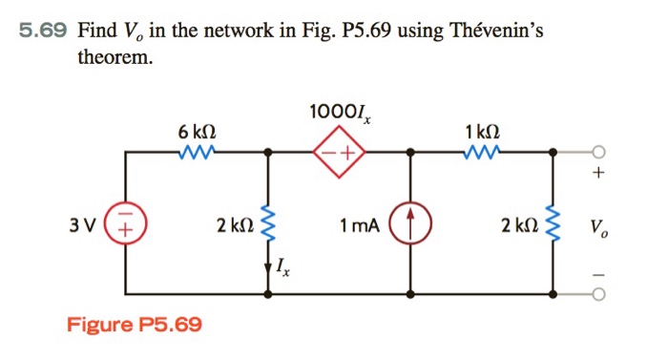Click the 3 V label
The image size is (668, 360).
click(82, 226)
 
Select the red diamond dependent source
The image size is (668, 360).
click(341, 152)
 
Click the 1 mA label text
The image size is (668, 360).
click(359, 226)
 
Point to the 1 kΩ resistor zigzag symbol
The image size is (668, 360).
click(482, 151)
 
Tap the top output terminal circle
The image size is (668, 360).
click(598, 152)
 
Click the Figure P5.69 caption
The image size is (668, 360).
click(134, 325)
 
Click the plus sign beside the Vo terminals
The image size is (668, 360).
click(598, 175)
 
